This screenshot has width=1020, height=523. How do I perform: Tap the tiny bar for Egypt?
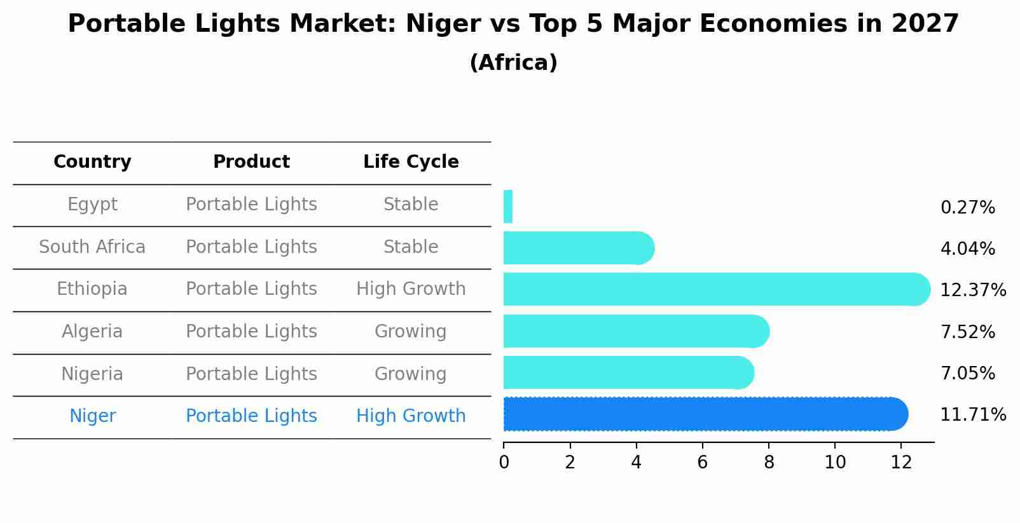pyautogui.click(x=508, y=207)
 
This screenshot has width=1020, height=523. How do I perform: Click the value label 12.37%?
pyautogui.click(x=972, y=290)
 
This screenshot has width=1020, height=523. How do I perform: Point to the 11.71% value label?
pyautogui.click(x=972, y=415)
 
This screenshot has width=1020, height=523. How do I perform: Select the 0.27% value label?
pyautogui.click(x=967, y=208)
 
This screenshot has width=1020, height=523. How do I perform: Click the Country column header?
pyautogui.click(x=92, y=162)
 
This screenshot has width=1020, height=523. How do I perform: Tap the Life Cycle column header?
pyautogui.click(x=411, y=162)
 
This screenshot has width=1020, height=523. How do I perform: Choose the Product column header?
pyautogui.click(x=251, y=162)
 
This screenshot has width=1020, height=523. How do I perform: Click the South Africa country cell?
pyautogui.click(x=92, y=247)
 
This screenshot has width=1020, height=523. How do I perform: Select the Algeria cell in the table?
pyautogui.click(x=92, y=331)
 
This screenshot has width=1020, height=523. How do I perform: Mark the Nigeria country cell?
pyautogui.click(x=92, y=374)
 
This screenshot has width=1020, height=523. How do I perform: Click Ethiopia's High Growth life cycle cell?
pyautogui.click(x=411, y=289)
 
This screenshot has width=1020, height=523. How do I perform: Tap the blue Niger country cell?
pyautogui.click(x=92, y=416)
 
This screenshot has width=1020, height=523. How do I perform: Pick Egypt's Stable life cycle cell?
pyautogui.click(x=411, y=205)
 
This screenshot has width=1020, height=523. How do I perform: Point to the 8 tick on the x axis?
pyautogui.click(x=769, y=462)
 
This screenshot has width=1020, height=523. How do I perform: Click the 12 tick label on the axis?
pyautogui.click(x=901, y=462)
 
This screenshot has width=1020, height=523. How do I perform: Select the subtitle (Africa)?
pyautogui.click(x=513, y=63)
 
